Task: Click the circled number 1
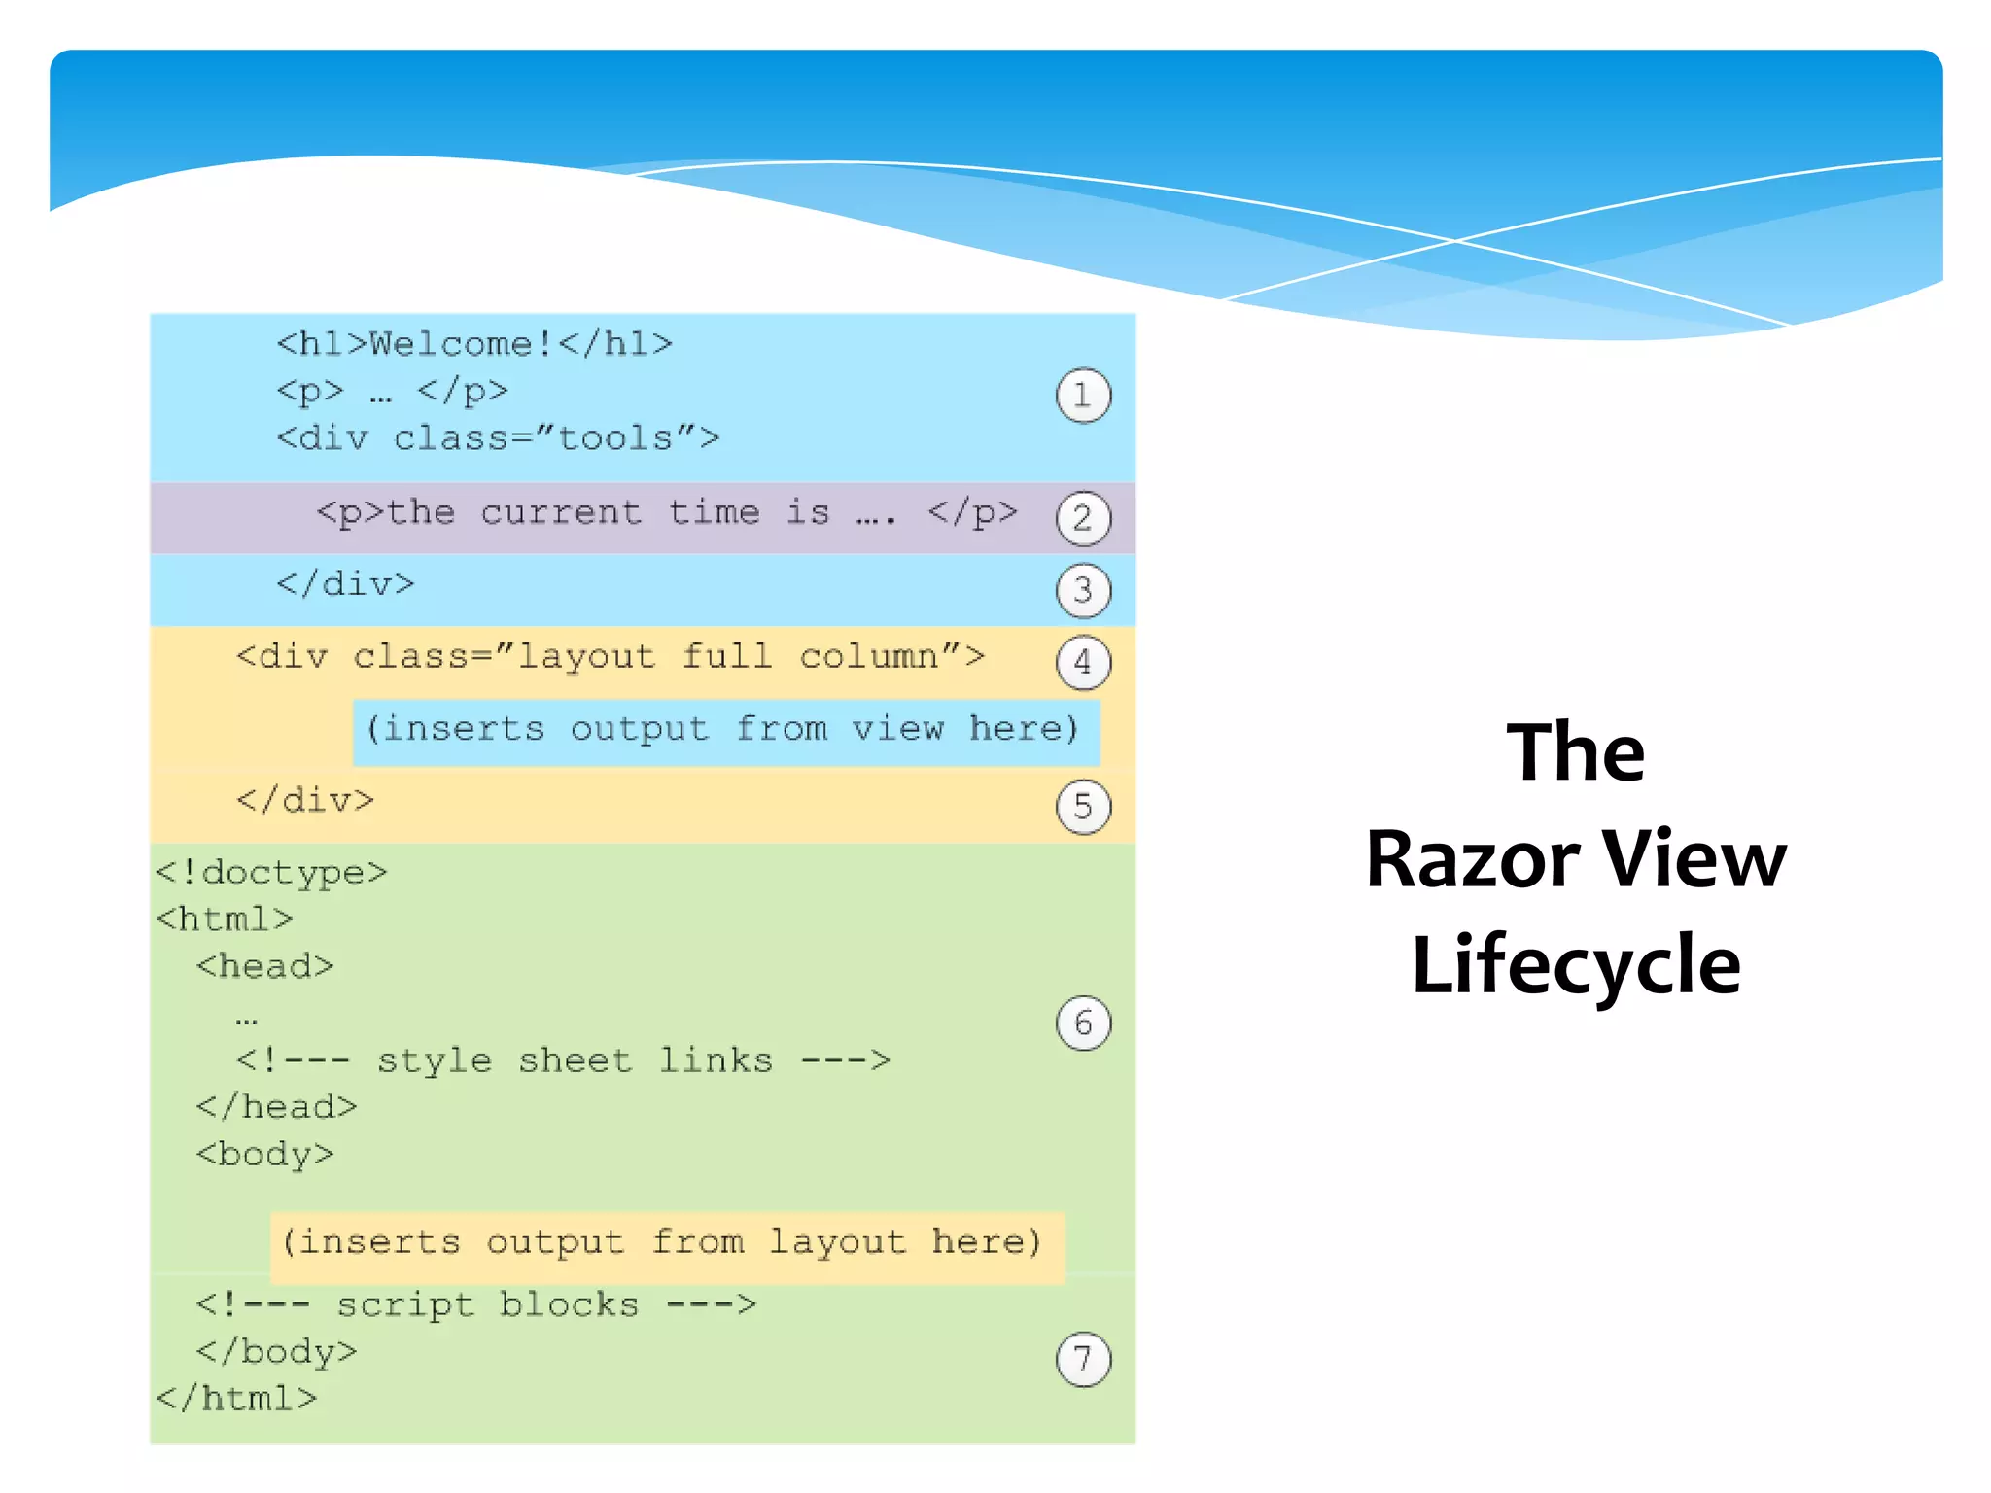[1083, 396]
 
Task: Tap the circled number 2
[1083, 518]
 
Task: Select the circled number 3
[1083, 590]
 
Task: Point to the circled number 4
[1083, 662]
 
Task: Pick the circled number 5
[1083, 807]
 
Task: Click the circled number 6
[1083, 1023]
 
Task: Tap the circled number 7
[1083, 1359]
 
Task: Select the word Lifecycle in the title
[1576, 964]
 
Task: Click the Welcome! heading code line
[474, 344]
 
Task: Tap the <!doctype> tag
[271, 873]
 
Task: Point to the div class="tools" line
[498, 438]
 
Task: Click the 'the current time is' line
[667, 512]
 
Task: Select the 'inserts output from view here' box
[725, 729]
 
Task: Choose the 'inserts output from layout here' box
[667, 1243]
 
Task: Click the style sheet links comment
[563, 1060]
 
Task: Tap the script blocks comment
[475, 1304]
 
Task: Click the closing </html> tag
[236, 1399]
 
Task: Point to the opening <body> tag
[264, 1154]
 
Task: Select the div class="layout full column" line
[610, 657]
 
